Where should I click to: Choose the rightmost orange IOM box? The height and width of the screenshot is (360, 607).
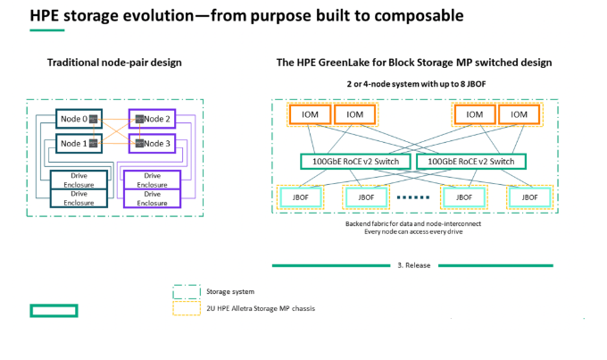(519, 114)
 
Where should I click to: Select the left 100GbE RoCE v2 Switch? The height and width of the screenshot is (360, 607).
(354, 162)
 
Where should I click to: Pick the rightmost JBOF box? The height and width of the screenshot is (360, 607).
(528, 197)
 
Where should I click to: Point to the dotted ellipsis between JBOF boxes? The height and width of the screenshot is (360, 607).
(413, 197)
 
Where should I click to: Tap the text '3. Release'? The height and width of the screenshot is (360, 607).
(412, 265)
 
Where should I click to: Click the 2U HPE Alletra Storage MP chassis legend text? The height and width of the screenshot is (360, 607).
(261, 308)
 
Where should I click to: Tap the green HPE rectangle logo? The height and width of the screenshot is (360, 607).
(54, 310)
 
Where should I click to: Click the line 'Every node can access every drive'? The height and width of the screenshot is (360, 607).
(413, 231)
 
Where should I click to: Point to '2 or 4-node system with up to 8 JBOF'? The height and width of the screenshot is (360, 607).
(412, 83)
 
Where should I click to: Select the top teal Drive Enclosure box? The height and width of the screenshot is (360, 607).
(79, 180)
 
